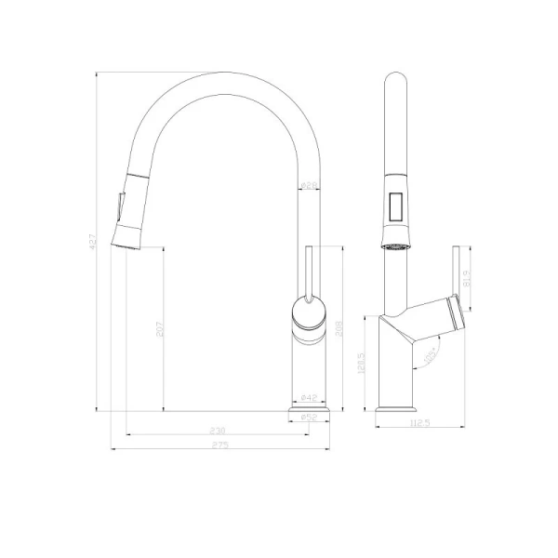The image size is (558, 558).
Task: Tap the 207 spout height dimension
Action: click(x=159, y=328)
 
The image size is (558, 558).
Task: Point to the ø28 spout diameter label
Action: click(x=310, y=186)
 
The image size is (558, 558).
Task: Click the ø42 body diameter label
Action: click(x=311, y=397)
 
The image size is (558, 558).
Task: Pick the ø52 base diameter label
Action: click(x=311, y=418)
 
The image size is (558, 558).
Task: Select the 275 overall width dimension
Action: click(x=220, y=445)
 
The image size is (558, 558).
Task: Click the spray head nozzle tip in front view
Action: click(x=126, y=237)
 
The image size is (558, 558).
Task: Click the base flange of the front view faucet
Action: click(x=311, y=408)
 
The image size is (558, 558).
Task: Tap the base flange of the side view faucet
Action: click(x=397, y=407)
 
